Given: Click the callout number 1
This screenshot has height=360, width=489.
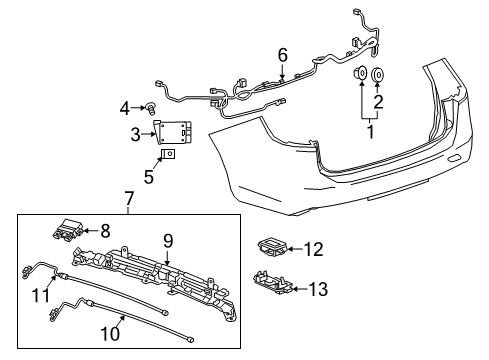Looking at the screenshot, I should [370, 129].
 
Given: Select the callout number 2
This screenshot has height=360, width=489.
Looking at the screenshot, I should [377, 100].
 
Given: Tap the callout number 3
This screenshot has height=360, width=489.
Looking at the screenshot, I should [133, 133].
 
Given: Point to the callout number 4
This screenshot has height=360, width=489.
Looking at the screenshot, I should [125, 107].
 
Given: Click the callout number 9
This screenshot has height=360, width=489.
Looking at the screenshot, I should [169, 239].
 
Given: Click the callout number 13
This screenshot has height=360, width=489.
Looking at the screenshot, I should [319, 289].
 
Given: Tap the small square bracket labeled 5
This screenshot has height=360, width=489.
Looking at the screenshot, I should [169, 154].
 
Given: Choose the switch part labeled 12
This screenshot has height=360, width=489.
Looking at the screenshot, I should [270, 245].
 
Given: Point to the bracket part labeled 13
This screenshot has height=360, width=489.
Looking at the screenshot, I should [275, 285].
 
